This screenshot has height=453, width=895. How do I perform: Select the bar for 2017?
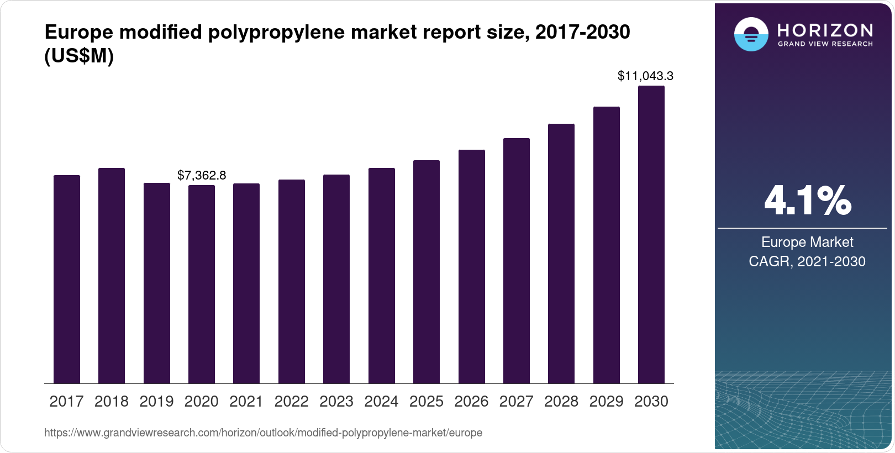67,279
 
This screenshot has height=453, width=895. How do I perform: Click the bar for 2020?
202,284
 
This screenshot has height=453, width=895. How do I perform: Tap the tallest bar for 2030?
651,234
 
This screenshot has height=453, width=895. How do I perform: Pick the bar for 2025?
427,272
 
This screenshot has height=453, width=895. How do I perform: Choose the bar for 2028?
561,254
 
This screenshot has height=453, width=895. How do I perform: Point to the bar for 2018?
112,276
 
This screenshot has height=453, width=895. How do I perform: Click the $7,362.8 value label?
202,176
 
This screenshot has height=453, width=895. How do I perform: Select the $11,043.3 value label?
645,76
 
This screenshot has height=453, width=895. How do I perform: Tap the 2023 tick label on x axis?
336,402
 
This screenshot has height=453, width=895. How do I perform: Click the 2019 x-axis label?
156,402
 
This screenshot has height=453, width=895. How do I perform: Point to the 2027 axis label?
516,402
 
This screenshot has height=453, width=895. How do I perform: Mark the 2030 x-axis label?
651,402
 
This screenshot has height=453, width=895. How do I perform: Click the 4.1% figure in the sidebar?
807,201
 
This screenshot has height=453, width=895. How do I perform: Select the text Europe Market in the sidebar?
807,242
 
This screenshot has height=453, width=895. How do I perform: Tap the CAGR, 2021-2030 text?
807,261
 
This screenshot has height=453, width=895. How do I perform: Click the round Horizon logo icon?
751,34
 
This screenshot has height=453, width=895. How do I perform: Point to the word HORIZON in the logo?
825,30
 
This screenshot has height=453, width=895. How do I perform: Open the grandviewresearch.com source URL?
263,433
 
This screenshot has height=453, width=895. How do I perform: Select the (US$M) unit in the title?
79,56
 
